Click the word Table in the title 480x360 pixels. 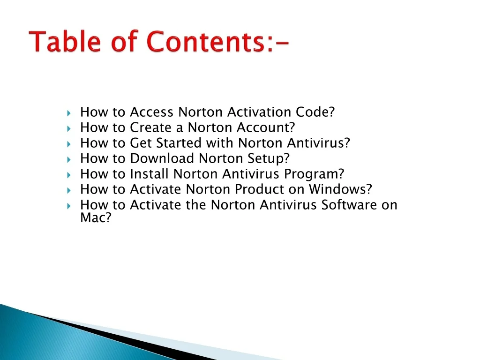[x=65, y=41]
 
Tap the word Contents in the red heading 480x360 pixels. [x=206, y=41]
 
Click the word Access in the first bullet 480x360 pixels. [x=152, y=112]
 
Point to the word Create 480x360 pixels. [x=150, y=127]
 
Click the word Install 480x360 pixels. [x=150, y=173]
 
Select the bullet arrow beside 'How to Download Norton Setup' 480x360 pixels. [x=69, y=159]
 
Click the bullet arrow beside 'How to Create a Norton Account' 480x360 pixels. [x=69, y=128]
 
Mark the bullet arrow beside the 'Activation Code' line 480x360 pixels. [x=69, y=113]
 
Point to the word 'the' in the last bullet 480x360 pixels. [x=196, y=204]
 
